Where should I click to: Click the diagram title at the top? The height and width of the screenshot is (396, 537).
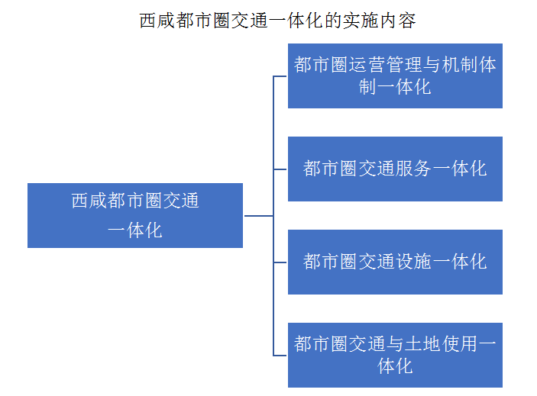277,21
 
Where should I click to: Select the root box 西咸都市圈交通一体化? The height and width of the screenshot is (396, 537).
135,215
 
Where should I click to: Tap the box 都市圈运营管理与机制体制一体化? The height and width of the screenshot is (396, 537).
395,76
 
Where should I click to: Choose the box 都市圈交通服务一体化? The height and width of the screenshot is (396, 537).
395,169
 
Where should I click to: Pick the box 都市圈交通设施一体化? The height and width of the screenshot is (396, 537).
395,262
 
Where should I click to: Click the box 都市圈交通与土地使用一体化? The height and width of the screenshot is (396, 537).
395,355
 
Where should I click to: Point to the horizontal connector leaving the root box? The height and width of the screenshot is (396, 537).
258,216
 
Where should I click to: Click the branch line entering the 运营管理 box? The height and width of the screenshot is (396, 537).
280,76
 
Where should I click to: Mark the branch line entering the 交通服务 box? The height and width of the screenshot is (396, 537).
280,169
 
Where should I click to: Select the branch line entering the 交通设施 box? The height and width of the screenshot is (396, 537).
280,262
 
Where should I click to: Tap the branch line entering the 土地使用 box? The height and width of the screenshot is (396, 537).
280,356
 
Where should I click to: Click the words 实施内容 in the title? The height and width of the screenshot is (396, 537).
380,21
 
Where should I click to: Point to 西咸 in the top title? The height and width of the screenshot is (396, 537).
157,21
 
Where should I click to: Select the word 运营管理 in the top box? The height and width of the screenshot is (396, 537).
386,65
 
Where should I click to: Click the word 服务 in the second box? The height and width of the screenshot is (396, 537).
414,169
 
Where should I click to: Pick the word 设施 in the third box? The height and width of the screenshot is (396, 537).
414,262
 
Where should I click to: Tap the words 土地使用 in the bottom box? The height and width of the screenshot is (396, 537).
441,343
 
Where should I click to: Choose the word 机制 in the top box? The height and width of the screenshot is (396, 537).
459,65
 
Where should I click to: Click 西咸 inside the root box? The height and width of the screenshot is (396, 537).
89,201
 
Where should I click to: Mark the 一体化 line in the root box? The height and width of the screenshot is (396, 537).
135,230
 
